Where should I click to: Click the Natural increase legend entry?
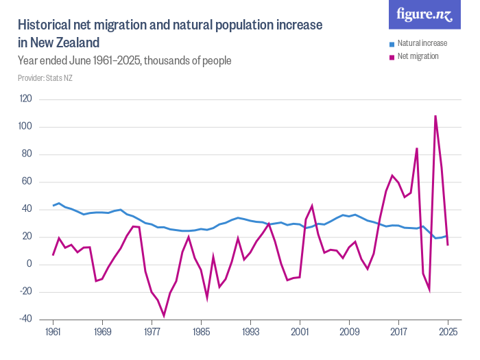[422, 43]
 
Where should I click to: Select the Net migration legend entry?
[418, 56]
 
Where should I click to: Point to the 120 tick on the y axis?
[26, 99]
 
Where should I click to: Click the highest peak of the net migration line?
[435, 116]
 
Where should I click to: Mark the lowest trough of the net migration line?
[164, 315]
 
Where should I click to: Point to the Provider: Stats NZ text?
[45, 78]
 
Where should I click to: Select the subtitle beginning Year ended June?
[124, 61]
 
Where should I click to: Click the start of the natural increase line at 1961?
[53, 206]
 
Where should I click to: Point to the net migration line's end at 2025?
[448, 245]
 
